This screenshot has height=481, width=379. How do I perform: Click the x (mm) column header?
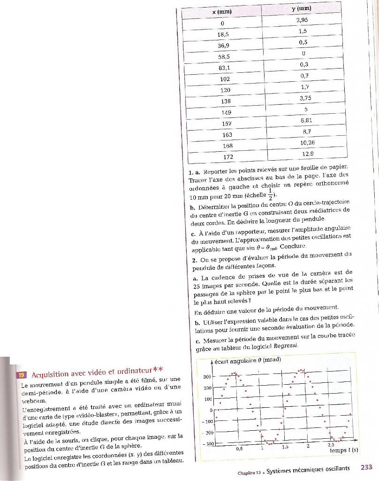222,11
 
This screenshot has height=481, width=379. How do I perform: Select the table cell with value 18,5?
223,34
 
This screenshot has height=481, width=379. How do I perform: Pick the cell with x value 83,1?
224,68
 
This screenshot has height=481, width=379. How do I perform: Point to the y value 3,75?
305,98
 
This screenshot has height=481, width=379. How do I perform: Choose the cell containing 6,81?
305,121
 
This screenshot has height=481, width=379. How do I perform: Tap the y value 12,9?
307,154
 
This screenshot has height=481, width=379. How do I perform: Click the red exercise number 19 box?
21,375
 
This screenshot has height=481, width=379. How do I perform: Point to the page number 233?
366,467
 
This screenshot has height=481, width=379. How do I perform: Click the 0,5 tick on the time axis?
239,448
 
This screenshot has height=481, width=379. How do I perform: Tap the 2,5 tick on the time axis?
330,444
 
